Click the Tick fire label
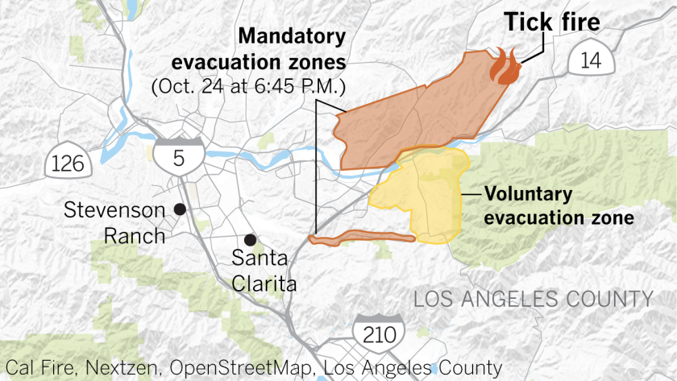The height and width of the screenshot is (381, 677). click(552, 22)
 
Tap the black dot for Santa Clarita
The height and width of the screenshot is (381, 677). click(251, 239)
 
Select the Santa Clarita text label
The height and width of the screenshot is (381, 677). click(264, 271)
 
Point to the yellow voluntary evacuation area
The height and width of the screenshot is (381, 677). click(423, 193)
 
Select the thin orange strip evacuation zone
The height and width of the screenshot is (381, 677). click(363, 236)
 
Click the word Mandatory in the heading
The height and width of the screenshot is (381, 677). click(291, 37)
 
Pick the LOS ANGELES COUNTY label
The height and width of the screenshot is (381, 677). click(533, 300)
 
